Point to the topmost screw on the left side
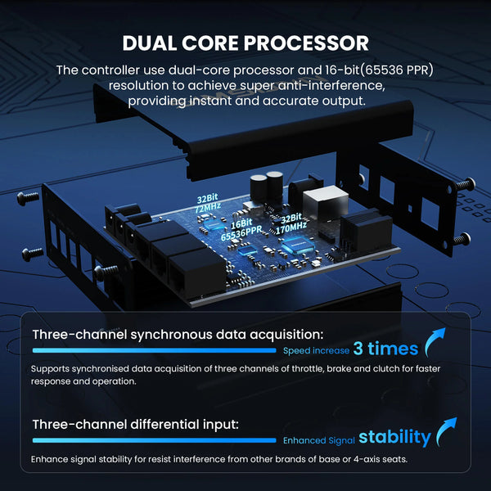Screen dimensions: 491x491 coord(25,197)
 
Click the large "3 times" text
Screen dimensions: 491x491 coord(385,349)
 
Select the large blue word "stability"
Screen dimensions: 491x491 coord(394,437)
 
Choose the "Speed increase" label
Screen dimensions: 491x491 coord(317,350)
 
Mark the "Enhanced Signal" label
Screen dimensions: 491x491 coord(318,440)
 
